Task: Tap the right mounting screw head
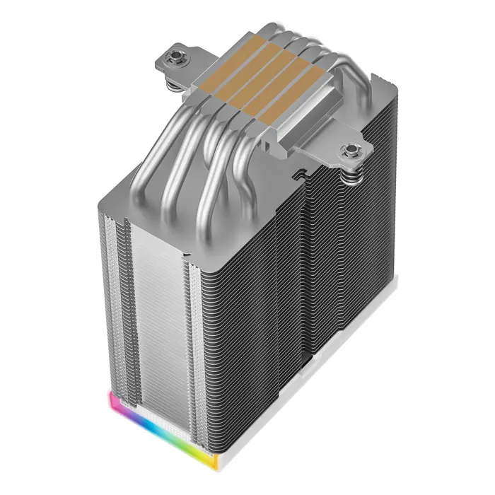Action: [x=349, y=149]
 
